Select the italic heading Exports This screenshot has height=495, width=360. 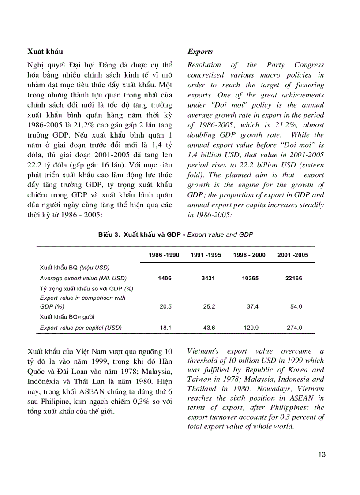(200, 52)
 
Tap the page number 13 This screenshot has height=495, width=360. (322, 454)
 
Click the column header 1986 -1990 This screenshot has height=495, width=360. (164, 255)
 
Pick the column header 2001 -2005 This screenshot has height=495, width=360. (293, 255)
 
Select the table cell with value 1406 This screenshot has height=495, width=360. (165, 279)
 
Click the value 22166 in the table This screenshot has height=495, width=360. (294, 279)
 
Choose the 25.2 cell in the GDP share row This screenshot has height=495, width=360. (209, 307)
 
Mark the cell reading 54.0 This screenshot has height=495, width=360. (296, 307)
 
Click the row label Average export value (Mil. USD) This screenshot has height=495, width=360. (83, 279)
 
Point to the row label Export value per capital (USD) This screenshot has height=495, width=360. (81, 328)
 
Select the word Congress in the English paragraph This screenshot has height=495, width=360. (309, 65)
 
